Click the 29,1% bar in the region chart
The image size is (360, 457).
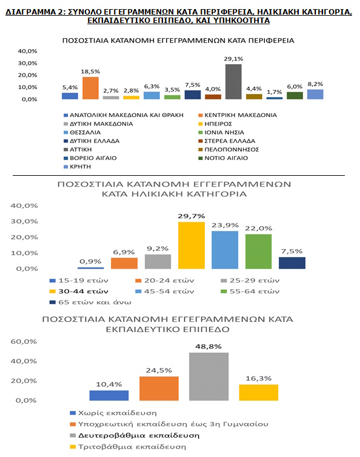coord(233,82)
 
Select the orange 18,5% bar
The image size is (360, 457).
coord(90,88)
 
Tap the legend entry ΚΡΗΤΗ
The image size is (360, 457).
coord(77,167)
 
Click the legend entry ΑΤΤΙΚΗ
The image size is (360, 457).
coord(78,150)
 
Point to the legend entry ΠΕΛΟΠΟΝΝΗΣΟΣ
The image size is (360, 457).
coord(228,150)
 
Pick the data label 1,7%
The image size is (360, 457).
coord(275,92)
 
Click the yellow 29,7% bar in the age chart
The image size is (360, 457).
coord(192,245)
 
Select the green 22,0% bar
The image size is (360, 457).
coord(258,252)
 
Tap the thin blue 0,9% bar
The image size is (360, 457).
coord(90,268)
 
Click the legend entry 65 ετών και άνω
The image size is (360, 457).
coord(90,302)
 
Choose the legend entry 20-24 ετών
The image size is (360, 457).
coord(165,281)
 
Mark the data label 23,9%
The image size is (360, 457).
coord(225,225)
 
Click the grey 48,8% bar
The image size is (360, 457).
coord(208,376)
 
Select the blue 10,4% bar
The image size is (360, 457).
coord(108,396)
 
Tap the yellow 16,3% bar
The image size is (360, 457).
coord(259,392)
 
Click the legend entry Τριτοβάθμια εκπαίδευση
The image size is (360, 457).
coord(128,447)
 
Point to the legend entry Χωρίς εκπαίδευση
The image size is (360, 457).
coord(113,413)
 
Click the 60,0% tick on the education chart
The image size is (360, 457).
coord(24,341)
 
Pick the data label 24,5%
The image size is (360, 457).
coord(159,370)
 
